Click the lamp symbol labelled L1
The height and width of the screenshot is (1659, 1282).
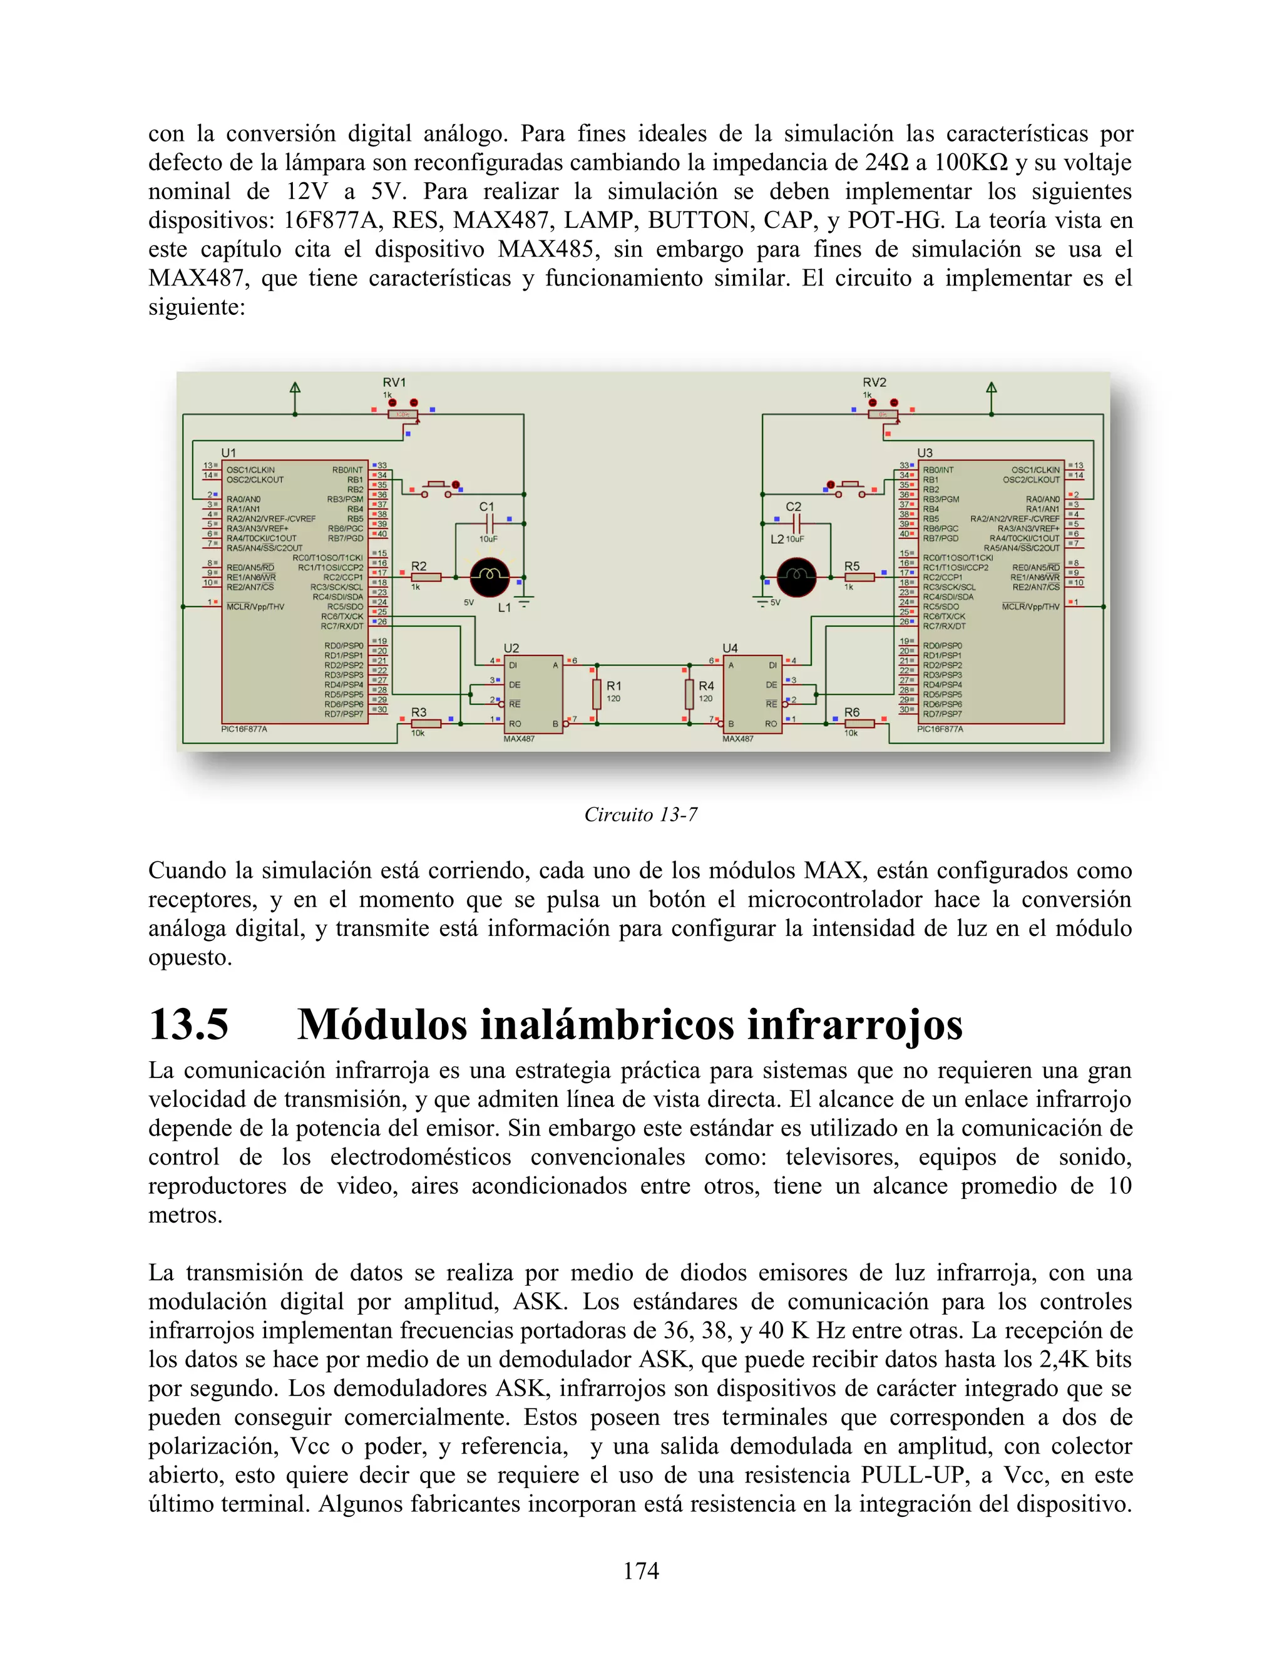pos(490,577)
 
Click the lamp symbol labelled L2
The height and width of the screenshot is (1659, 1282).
pos(797,577)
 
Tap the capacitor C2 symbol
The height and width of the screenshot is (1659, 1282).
pos(795,523)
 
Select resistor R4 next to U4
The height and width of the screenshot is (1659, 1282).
pos(689,692)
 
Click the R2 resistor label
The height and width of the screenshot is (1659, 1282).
pos(419,566)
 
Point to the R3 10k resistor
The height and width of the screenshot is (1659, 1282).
pos(425,724)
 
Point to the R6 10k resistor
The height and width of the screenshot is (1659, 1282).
pos(859,724)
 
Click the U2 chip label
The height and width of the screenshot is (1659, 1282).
pos(511,648)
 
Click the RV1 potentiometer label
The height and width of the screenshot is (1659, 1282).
pos(394,382)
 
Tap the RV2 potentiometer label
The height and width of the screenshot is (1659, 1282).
pos(874,382)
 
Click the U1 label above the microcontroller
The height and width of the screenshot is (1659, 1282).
pos(228,453)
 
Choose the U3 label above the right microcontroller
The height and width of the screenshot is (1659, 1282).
pos(925,453)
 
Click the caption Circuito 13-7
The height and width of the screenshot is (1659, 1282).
pos(640,814)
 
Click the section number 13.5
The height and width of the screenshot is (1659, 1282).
pos(188,1024)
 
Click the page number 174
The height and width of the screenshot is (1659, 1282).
pos(640,1570)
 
